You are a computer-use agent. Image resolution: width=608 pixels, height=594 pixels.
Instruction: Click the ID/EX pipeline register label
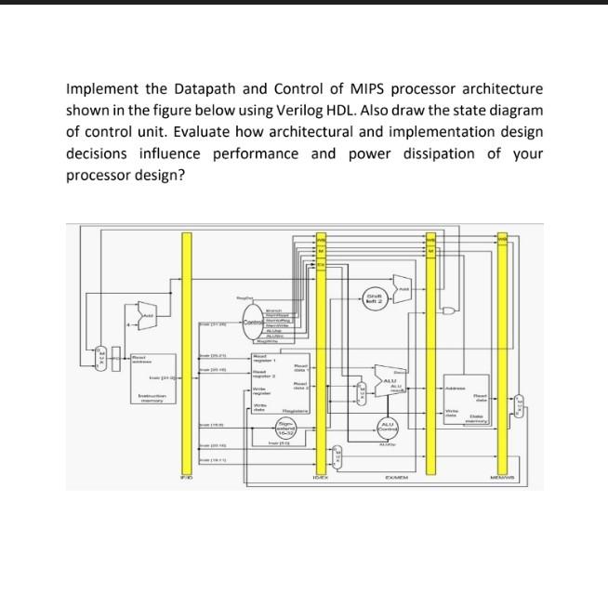point(320,480)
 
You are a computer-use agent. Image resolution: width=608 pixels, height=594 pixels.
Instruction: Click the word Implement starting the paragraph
point(101,88)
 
